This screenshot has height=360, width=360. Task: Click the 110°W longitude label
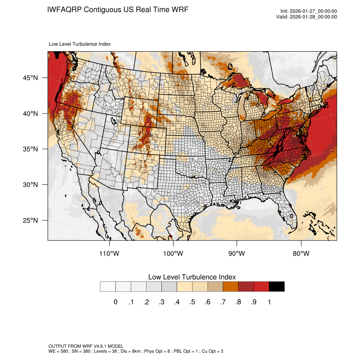tap(110, 254)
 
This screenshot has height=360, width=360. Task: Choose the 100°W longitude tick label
tap(173, 254)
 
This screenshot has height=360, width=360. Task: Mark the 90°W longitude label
tap(237, 254)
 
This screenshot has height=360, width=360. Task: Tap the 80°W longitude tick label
tap(301, 254)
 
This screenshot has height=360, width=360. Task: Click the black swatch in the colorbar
tap(277, 287)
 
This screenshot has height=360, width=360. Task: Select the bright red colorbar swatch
tap(261, 287)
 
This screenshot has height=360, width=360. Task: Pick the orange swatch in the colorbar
tap(231, 287)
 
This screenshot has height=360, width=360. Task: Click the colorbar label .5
tap(192, 302)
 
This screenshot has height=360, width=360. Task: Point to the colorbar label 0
tap(115, 302)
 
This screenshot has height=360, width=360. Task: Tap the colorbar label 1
tap(269, 302)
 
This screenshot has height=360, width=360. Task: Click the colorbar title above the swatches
tap(192, 277)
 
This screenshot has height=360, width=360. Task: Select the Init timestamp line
tap(309, 11)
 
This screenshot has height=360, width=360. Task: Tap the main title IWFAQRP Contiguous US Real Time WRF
tap(118, 9)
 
